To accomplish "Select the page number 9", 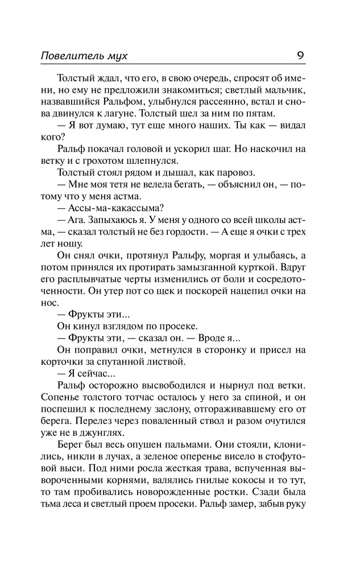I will coord(300,55).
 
